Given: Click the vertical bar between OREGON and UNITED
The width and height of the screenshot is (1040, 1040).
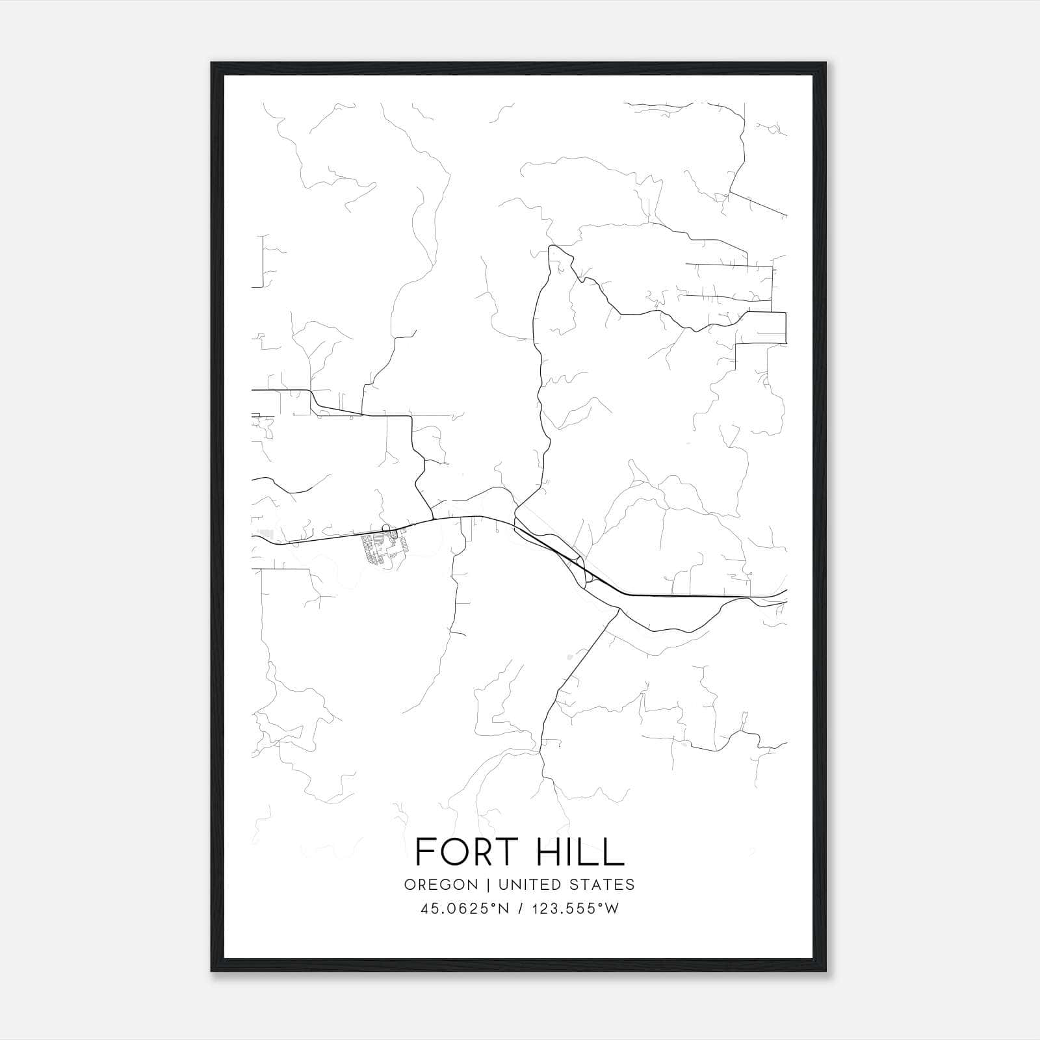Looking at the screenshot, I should click(484, 885).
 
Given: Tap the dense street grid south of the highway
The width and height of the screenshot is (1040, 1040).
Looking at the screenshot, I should click(383, 547).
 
